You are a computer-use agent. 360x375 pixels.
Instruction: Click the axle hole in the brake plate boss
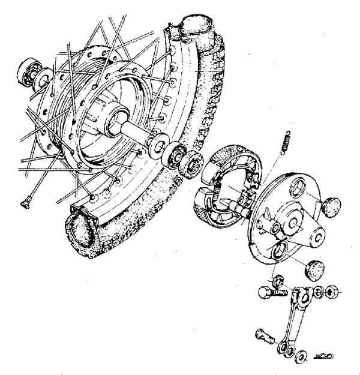(x=295, y=223)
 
